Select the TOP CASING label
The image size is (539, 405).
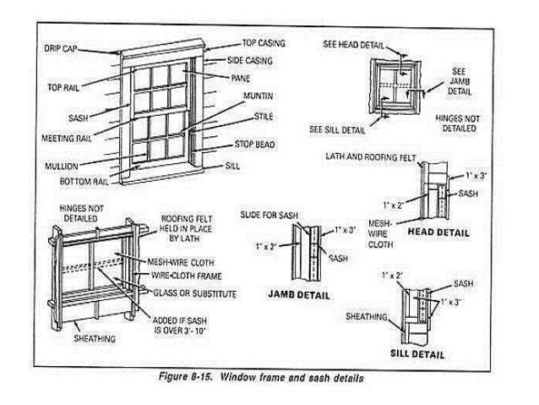coord(264,41)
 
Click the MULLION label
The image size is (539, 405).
coord(62,166)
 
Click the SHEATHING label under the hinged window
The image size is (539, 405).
coord(94,339)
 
